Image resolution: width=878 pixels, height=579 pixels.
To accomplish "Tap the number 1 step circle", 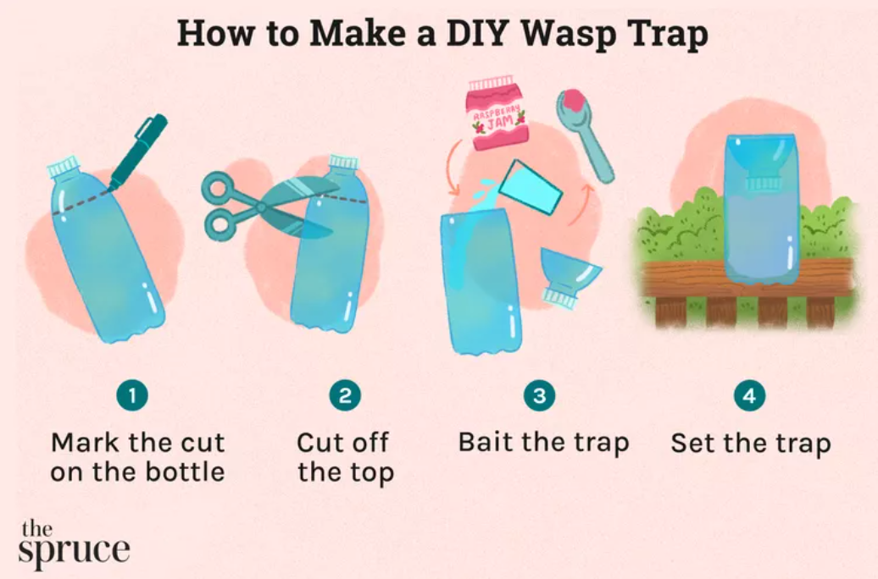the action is coord(132,395).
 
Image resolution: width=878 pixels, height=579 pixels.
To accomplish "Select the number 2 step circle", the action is coord(345,395).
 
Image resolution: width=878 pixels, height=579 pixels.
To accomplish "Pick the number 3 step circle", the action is coord(539,395).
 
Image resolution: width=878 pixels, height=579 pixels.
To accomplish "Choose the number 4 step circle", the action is coord(749,395).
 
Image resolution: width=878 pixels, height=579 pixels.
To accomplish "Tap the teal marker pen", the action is coord(137,152).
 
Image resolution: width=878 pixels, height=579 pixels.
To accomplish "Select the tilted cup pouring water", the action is coord(530,187).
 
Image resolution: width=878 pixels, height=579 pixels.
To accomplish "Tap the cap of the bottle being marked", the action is coord(64,166).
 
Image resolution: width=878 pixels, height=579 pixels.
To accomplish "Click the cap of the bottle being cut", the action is coord(343,162).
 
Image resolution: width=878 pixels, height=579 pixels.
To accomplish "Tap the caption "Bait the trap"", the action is coord(543,443).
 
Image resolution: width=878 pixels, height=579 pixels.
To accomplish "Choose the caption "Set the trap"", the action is coord(750,444).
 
